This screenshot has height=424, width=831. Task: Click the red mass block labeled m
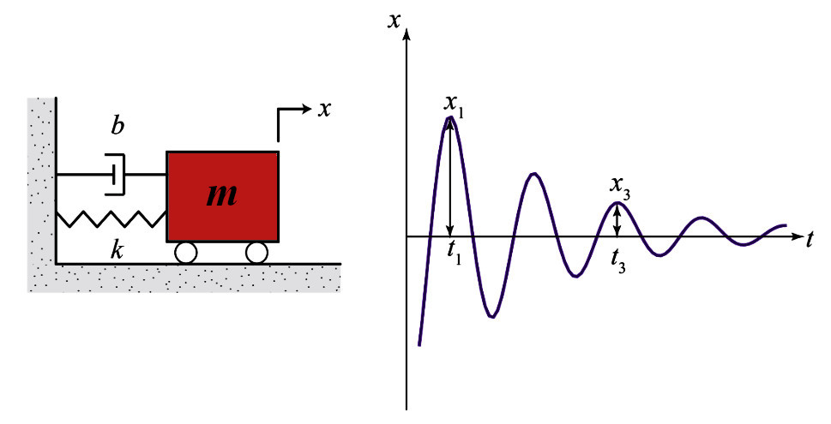[x=223, y=196]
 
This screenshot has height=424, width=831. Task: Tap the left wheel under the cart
[x=186, y=253]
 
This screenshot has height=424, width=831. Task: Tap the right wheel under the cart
[x=257, y=253]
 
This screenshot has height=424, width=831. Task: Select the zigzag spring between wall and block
[x=111, y=218]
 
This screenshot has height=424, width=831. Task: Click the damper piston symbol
[x=114, y=174]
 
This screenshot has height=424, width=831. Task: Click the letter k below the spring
[x=117, y=250]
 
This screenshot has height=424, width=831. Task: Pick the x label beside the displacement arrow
[x=324, y=109]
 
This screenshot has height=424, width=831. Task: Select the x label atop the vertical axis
[x=394, y=21]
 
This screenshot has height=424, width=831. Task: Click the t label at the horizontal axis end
[x=810, y=240]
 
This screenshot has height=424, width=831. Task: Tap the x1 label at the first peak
[x=454, y=105]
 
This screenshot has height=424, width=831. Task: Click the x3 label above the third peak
[x=620, y=188]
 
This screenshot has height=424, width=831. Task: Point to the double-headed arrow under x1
[x=450, y=176]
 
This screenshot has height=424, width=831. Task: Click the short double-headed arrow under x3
[x=617, y=220]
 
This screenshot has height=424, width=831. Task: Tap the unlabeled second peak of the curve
[x=534, y=174]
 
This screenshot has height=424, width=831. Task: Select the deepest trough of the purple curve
[x=492, y=317]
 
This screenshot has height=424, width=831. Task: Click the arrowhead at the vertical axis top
[x=407, y=35]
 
